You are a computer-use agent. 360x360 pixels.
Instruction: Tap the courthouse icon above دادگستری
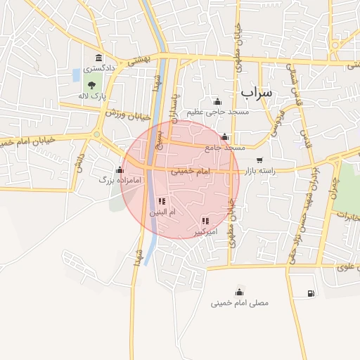[98, 58]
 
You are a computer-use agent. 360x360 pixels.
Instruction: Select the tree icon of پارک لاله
[91, 85]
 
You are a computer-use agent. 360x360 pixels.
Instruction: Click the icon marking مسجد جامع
[224, 136]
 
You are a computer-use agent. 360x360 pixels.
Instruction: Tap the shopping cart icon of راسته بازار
[260, 160]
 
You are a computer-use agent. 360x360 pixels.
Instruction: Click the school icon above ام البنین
[162, 202]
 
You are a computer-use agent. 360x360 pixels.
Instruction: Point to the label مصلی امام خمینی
[240, 304]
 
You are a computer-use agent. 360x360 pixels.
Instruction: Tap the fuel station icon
[311, 293]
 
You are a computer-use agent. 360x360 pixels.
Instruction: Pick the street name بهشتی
[141, 60]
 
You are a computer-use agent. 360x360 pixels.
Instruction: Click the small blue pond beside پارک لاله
[76, 75]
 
